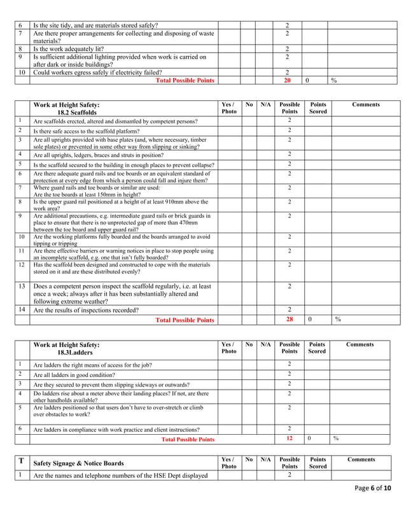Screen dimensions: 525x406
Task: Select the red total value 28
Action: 290,320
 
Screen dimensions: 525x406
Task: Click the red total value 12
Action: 290,439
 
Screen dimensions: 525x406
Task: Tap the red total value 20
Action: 287,81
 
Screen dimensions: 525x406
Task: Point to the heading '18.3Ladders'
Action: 74,352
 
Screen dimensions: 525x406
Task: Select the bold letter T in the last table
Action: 21,461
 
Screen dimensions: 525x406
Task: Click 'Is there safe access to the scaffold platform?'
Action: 96,131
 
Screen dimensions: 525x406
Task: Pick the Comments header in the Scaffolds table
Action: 365,105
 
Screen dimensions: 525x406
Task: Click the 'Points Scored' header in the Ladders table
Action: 316,348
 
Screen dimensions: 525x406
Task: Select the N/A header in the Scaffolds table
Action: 266,105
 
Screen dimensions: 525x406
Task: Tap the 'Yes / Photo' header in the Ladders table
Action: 228,348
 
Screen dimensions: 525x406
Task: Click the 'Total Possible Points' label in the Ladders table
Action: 188,439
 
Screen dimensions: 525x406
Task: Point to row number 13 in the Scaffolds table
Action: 22,286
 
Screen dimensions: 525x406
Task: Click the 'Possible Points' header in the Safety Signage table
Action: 290,463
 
